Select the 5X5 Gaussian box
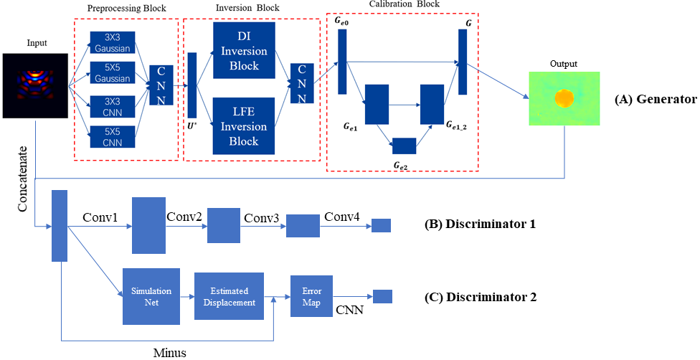pos(111,73)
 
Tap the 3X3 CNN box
pos(111,105)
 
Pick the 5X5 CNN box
pos(111,136)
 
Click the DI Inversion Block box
pos(244,51)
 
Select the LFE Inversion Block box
pos(244,126)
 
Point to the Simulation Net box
pos(151,296)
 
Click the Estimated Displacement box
pos(229,296)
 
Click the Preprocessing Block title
pos(126,8)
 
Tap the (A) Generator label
pos(656,100)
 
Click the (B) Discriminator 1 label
pos(480,224)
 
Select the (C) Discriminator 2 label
pos(480,295)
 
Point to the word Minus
pos(171,352)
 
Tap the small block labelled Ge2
pos(405,146)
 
